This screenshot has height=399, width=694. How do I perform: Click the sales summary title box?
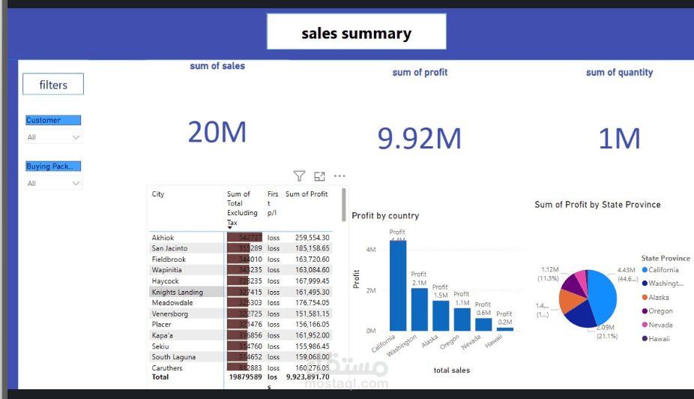pyautogui.click(x=356, y=33)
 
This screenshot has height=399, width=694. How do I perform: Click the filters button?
pyautogui.click(x=53, y=85)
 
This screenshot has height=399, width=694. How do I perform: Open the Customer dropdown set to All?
pyautogui.click(x=53, y=137)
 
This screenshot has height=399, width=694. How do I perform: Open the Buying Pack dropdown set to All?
pyautogui.click(x=53, y=183)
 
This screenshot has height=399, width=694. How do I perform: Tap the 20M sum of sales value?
pyautogui.click(x=217, y=133)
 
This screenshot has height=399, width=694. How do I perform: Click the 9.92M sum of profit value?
pyautogui.click(x=419, y=138)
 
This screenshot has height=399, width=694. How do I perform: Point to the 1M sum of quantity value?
pyautogui.click(x=619, y=138)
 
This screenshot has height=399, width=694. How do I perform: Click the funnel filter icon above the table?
pyautogui.click(x=299, y=176)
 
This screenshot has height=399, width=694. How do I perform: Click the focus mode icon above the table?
pyautogui.click(x=319, y=176)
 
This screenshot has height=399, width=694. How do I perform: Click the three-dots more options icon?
pyautogui.click(x=340, y=176)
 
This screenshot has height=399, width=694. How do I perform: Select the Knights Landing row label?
pyautogui.click(x=177, y=292)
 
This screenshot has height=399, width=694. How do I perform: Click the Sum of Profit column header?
pyautogui.click(x=307, y=194)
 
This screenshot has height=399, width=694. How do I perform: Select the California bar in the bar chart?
pyautogui.click(x=397, y=285)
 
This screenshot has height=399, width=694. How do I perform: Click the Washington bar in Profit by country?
pyautogui.click(x=419, y=309)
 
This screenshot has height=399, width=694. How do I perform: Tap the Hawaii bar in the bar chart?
pyautogui.click(x=505, y=328)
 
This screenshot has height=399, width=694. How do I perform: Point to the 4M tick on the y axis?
pyautogui.click(x=370, y=250)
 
